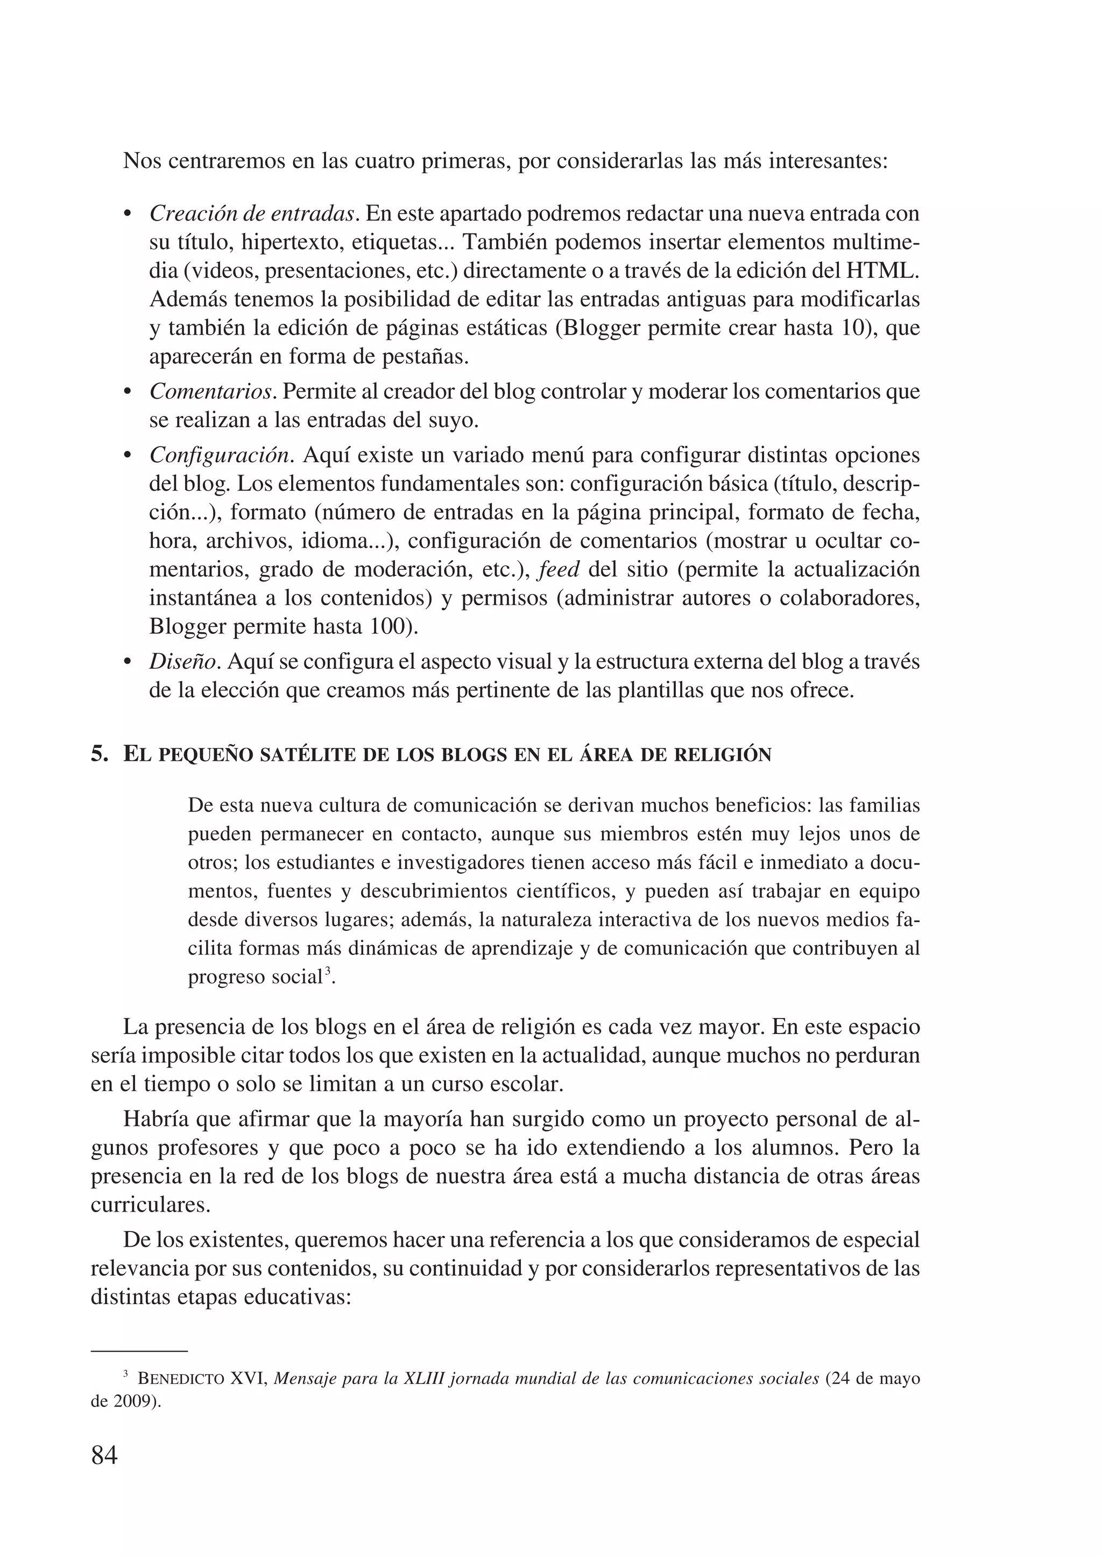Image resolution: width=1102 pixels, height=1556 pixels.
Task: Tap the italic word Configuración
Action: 221,455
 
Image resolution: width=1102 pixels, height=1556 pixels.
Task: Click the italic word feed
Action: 559,569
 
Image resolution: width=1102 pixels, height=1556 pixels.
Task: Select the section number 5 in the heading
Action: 99,754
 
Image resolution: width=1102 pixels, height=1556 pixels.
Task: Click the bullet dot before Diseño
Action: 127,662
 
